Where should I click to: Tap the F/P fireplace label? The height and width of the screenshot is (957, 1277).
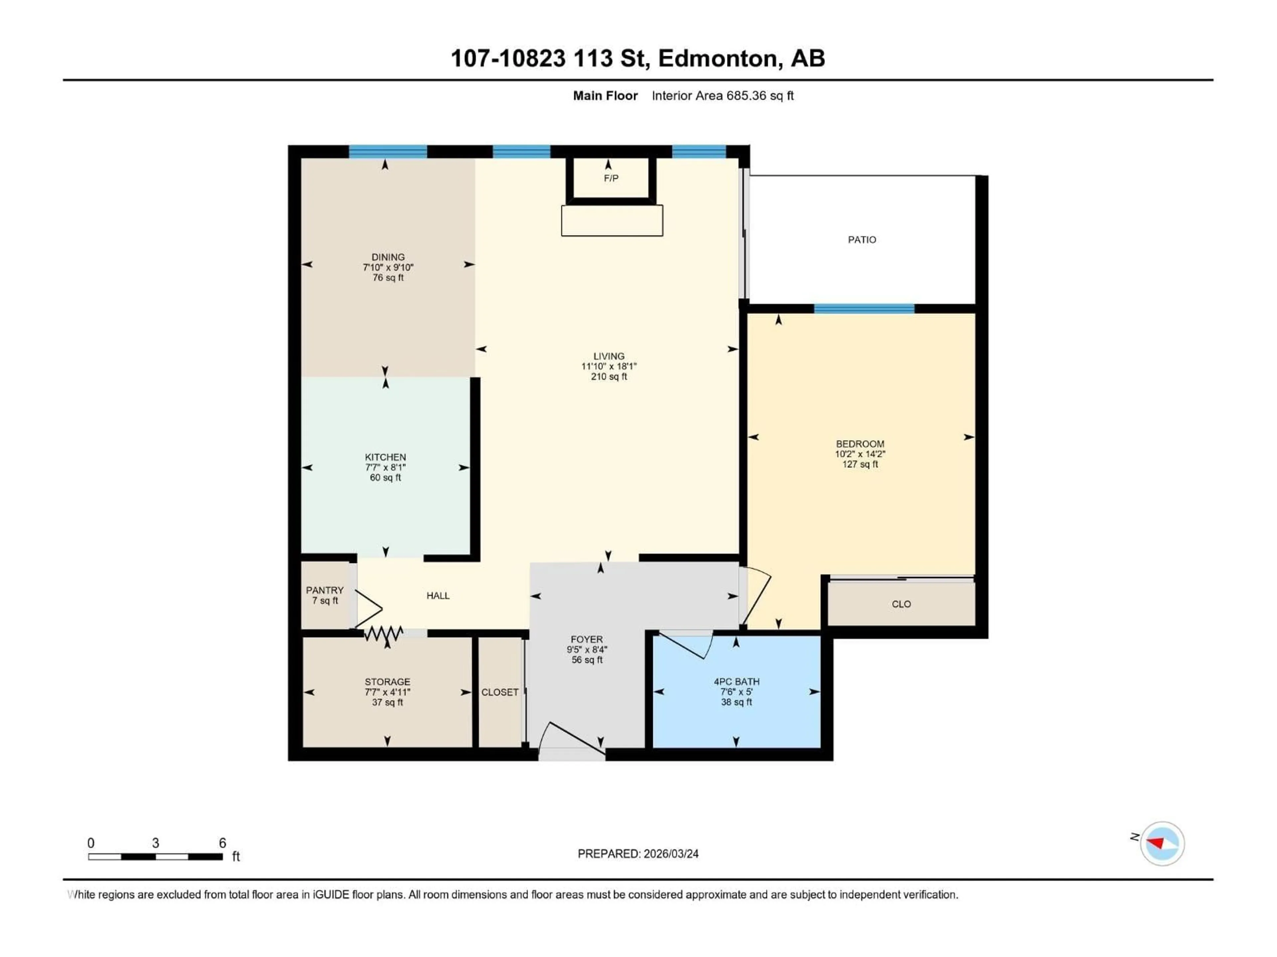point(611,178)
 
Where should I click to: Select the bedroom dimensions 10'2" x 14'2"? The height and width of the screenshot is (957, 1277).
point(860,454)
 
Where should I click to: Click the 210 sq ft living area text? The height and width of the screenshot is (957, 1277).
point(609,377)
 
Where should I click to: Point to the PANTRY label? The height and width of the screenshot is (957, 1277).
point(325,590)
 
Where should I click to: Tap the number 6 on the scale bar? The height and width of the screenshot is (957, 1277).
point(222,843)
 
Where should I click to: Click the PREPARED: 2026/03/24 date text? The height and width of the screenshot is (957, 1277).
point(638,854)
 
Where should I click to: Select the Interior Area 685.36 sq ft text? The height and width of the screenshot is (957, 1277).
point(722,96)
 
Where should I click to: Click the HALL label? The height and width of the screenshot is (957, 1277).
point(438,595)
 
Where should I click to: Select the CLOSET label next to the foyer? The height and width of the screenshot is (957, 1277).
point(499,692)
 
